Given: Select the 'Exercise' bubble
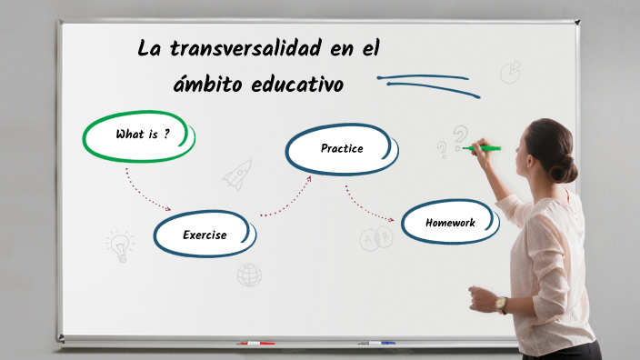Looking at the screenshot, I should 204,235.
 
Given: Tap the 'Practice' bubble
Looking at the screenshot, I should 341,148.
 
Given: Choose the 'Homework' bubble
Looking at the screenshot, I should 450,222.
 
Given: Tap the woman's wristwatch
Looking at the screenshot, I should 502,304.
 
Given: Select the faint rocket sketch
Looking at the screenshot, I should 237,174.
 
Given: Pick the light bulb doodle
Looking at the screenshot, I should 119,245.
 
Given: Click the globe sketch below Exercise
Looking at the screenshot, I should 249,275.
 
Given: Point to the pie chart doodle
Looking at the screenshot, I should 510,72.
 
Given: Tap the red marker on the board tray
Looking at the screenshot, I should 255,344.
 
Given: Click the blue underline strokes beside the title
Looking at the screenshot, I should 427,83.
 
